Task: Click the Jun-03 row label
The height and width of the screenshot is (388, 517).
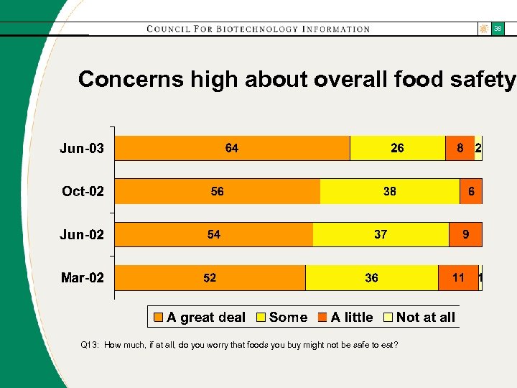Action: [82, 149]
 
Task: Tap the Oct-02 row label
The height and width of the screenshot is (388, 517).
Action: [83, 192]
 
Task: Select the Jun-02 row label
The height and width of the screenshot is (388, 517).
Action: [82, 235]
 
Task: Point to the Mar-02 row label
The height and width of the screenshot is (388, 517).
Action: [83, 278]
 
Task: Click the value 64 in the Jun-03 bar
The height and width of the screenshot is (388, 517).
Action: [232, 149]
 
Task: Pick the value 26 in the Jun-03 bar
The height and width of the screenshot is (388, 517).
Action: [397, 149]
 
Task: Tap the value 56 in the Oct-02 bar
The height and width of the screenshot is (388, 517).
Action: [217, 192]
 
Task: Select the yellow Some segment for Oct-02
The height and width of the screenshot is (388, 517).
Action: [390, 192]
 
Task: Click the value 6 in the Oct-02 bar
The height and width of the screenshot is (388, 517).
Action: [472, 192]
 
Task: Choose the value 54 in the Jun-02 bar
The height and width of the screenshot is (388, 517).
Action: [214, 235]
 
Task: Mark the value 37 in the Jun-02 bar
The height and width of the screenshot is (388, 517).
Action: [381, 235]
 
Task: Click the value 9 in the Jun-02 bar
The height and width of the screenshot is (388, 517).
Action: [466, 235]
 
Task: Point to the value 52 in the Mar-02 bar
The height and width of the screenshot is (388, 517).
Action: [210, 278]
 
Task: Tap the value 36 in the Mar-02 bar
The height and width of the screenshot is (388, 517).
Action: [371, 278]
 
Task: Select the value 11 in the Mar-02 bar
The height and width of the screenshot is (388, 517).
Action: [458, 278]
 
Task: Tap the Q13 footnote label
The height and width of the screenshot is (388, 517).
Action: [90, 345]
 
